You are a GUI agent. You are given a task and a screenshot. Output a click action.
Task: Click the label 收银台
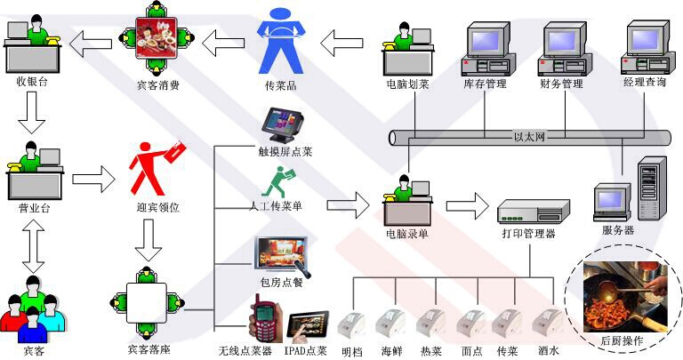point(31,82)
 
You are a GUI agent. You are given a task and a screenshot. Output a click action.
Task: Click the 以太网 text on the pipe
point(529,137)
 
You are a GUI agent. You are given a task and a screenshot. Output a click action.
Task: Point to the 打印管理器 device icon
point(531,211)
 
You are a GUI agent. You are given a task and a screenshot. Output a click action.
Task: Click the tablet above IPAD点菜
point(305,325)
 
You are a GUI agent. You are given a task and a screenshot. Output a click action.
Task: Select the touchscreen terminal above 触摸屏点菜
point(282,124)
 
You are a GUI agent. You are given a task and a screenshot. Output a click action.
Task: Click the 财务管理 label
point(561,84)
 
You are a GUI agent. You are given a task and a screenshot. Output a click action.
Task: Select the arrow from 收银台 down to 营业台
point(31,113)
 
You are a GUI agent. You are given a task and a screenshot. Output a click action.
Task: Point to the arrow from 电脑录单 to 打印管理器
point(466,207)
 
